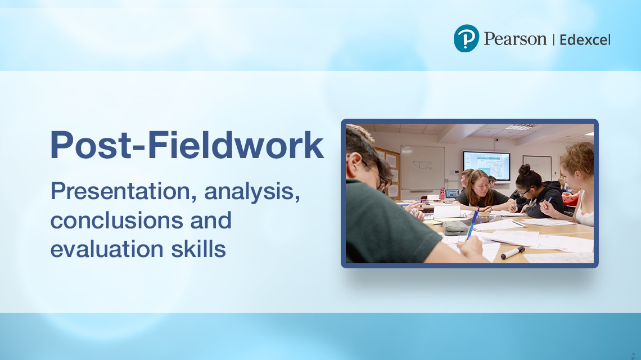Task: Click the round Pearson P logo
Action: (466, 38)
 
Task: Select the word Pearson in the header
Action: (515, 39)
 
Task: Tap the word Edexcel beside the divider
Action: (585, 40)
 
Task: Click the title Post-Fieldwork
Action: (187, 145)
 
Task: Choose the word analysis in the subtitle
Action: (252, 191)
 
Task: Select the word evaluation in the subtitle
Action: (107, 249)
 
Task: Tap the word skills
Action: (198, 249)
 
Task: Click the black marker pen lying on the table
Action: (513, 253)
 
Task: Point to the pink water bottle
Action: (442, 193)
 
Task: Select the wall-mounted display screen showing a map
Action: (486, 165)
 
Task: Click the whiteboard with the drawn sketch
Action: (422, 167)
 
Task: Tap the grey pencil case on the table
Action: (455, 227)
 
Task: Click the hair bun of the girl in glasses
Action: (525, 169)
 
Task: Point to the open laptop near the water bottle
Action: (452, 194)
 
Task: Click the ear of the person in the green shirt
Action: (354, 161)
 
